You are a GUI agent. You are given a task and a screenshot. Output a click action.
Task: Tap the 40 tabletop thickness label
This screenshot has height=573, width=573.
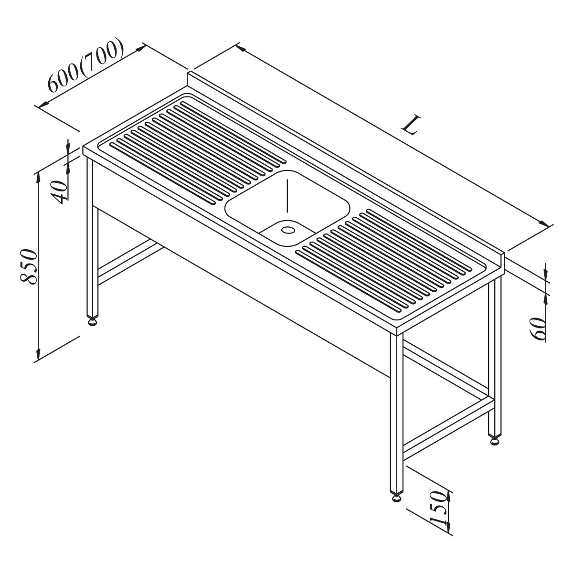pos(60,192)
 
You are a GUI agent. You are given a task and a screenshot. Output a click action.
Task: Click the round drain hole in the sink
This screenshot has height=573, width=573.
pos(287,230)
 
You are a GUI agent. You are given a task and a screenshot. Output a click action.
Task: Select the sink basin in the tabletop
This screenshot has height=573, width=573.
pos(287,208)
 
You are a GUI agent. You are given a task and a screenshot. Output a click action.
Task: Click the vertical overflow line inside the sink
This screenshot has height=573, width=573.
pos(287,196)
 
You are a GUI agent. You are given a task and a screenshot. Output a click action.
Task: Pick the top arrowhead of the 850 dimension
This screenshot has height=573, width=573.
pos(38,177)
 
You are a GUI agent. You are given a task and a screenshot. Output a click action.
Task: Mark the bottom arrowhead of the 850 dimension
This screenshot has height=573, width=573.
pos(38,356)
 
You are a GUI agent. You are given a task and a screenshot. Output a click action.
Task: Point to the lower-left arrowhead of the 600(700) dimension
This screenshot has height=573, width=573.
pos(44,104)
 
